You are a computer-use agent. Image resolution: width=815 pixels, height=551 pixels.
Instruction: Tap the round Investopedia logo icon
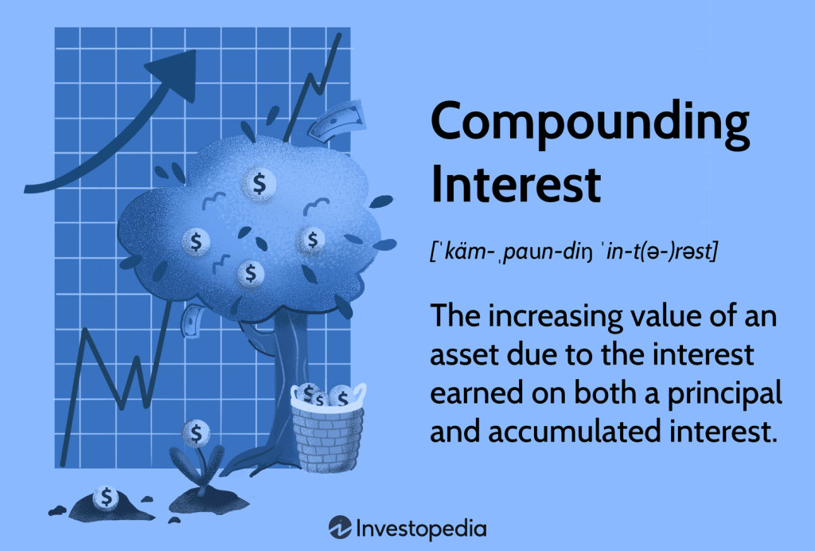340,527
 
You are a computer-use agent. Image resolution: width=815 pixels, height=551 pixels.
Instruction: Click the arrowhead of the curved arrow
177,70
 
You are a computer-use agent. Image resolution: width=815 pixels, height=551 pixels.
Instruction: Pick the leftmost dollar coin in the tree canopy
196,240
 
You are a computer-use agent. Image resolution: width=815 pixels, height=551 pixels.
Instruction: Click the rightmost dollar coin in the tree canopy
313,238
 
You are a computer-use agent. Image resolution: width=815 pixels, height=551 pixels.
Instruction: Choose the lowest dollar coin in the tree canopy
251,274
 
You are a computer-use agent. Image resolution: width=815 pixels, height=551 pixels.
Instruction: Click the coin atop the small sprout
195,433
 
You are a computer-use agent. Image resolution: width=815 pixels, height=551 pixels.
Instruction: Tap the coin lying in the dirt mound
105,498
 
